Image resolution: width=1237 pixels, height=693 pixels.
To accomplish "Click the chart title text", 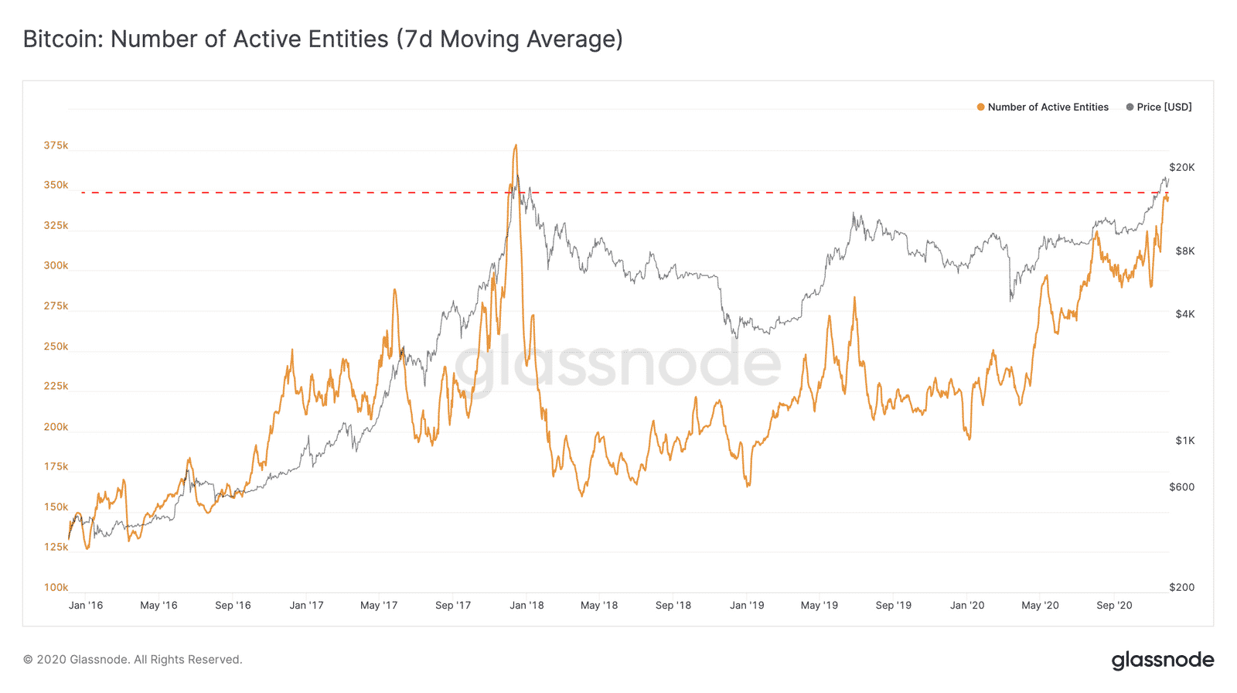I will click(322, 39).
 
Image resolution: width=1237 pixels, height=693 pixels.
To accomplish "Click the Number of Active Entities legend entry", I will click(1048, 107).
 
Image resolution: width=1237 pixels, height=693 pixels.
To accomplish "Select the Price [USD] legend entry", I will click(1164, 107).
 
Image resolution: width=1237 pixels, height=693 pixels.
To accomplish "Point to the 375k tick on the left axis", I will click(56, 145).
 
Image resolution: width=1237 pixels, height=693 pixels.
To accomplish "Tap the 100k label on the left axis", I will click(56, 587).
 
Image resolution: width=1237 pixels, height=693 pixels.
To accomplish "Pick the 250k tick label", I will click(56, 346).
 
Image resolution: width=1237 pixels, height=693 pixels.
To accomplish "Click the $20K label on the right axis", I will click(1181, 167).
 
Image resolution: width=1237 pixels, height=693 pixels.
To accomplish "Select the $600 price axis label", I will click(1181, 486).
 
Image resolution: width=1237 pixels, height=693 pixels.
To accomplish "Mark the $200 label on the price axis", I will click(1181, 587).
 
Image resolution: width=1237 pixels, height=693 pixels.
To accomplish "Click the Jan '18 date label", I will click(526, 605).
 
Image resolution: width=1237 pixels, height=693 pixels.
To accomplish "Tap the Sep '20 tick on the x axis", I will click(1114, 605).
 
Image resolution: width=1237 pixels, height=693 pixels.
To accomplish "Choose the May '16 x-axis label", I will click(158, 605).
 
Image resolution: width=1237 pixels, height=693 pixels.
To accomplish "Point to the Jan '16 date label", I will click(85, 605).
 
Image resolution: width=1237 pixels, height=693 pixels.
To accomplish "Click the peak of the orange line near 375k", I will click(516, 145).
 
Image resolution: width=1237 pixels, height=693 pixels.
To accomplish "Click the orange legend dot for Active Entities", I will click(980, 107).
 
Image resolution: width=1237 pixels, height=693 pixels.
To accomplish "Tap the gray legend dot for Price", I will click(1130, 107).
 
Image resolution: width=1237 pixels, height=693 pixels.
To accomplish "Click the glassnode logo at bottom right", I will click(1163, 660).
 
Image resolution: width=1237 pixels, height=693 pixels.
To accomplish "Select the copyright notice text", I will click(132, 660).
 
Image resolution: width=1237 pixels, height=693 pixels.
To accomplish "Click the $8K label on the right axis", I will click(1184, 251).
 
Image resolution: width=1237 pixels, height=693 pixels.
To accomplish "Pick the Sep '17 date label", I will click(453, 605).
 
